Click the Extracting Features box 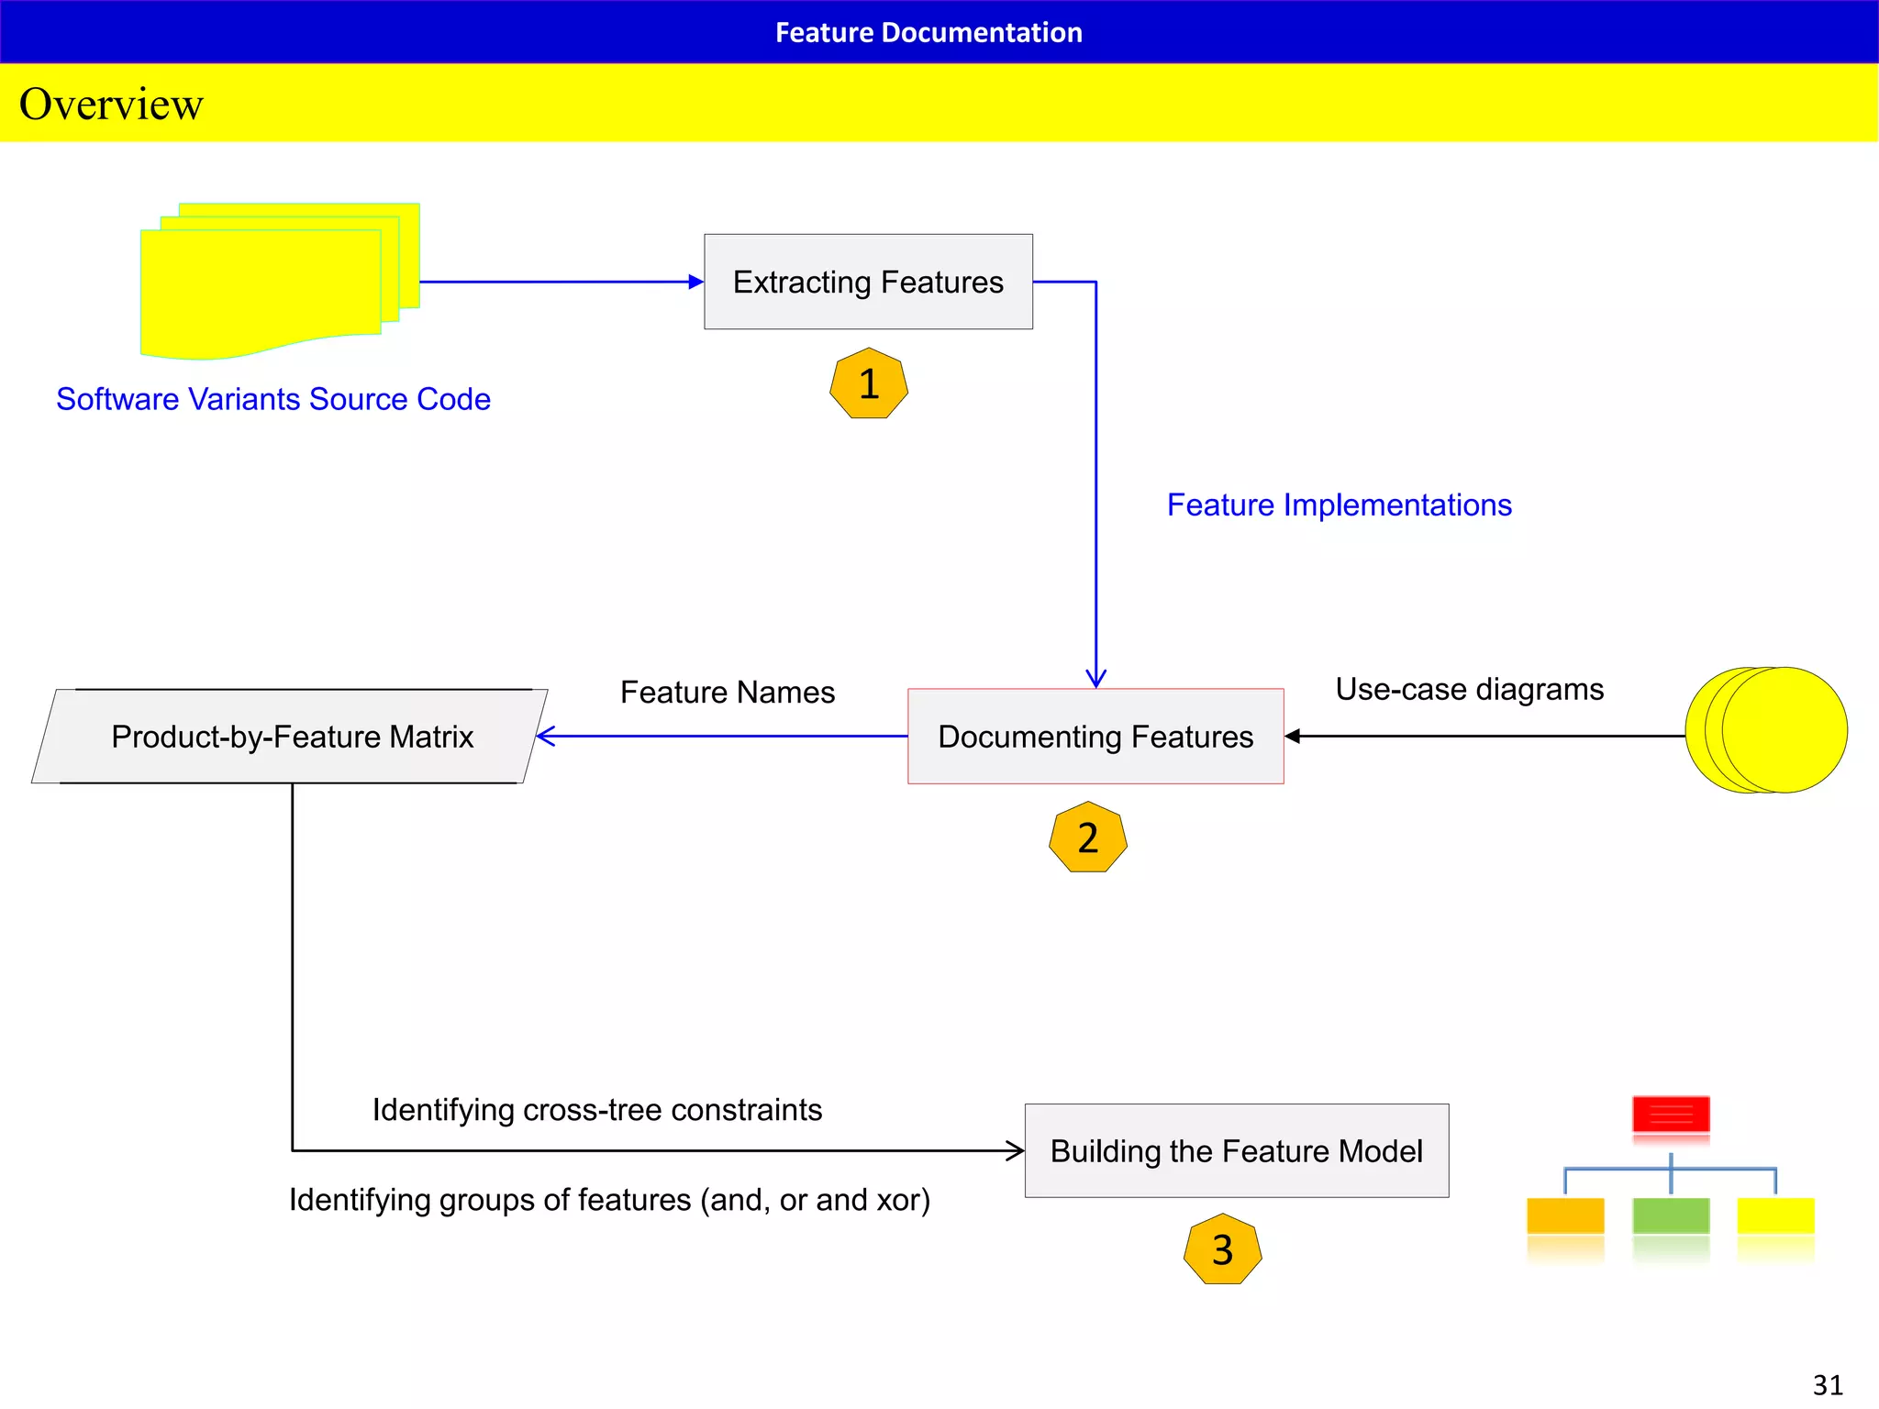click(x=868, y=282)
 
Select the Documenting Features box click(x=1095, y=737)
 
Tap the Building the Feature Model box click(x=1236, y=1150)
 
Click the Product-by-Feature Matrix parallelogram click(x=291, y=737)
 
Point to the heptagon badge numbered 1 click(x=869, y=383)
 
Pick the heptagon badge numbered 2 click(x=1087, y=838)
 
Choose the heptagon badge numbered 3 click(x=1222, y=1249)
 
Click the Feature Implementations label click(x=1339, y=505)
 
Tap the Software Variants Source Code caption click(x=272, y=399)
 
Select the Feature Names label click(x=728, y=692)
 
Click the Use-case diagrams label click(x=1469, y=689)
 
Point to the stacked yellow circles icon click(x=1766, y=730)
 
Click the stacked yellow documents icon click(x=275, y=280)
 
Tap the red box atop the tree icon click(x=1671, y=1114)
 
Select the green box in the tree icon click(x=1671, y=1215)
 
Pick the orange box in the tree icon click(x=1565, y=1215)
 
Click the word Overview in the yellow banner click(x=111, y=104)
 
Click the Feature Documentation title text click(x=928, y=32)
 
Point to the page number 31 click(x=1827, y=1384)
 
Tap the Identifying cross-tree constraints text click(x=596, y=1110)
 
